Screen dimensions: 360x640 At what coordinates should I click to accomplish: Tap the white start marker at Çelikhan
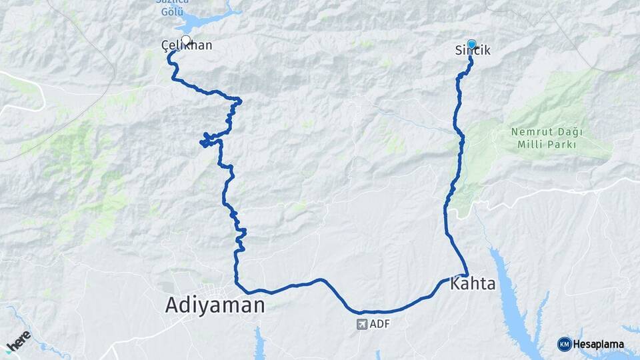click(x=185, y=40)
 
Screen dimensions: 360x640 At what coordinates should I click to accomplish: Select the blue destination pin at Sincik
click(x=472, y=45)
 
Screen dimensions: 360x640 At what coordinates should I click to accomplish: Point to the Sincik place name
click(x=473, y=51)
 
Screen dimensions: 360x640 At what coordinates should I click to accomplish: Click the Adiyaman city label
click(x=215, y=305)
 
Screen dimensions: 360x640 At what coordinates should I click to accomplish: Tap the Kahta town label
click(x=473, y=284)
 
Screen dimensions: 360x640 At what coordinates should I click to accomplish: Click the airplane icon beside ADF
click(x=362, y=325)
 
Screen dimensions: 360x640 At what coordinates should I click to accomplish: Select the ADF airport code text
click(x=379, y=325)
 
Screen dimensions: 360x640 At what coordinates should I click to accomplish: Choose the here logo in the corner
click(x=18, y=340)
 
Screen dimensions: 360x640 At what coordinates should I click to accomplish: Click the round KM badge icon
click(x=564, y=344)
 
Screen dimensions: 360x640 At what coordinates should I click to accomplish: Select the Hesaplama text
click(x=598, y=345)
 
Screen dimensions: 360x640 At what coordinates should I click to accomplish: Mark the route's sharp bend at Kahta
click(x=465, y=273)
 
